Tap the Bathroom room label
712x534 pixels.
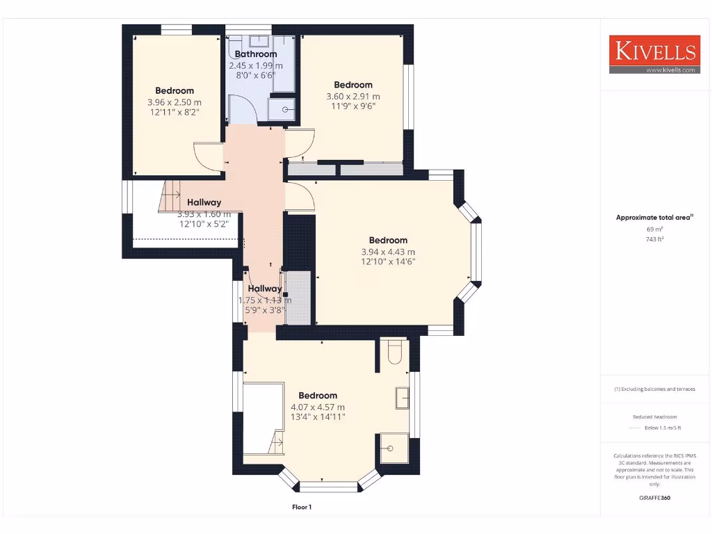click(255, 54)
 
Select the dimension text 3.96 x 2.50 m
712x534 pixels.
click(174, 102)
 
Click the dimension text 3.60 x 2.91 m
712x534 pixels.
click(353, 96)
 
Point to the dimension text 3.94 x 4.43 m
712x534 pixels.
click(388, 252)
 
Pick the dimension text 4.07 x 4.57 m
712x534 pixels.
click(317, 407)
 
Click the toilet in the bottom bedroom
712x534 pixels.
click(394, 352)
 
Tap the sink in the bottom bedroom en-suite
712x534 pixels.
click(403, 398)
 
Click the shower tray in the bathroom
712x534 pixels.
click(285, 108)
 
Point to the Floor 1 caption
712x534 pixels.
click(302, 507)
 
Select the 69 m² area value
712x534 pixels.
click(654, 229)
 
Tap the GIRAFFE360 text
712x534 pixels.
click(654, 498)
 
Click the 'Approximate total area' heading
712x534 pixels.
click(654, 218)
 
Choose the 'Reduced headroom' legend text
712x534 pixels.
click(654, 416)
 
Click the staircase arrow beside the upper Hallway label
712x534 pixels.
click(172, 194)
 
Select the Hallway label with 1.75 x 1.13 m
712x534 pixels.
click(265, 289)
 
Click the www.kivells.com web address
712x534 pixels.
click(670, 70)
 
